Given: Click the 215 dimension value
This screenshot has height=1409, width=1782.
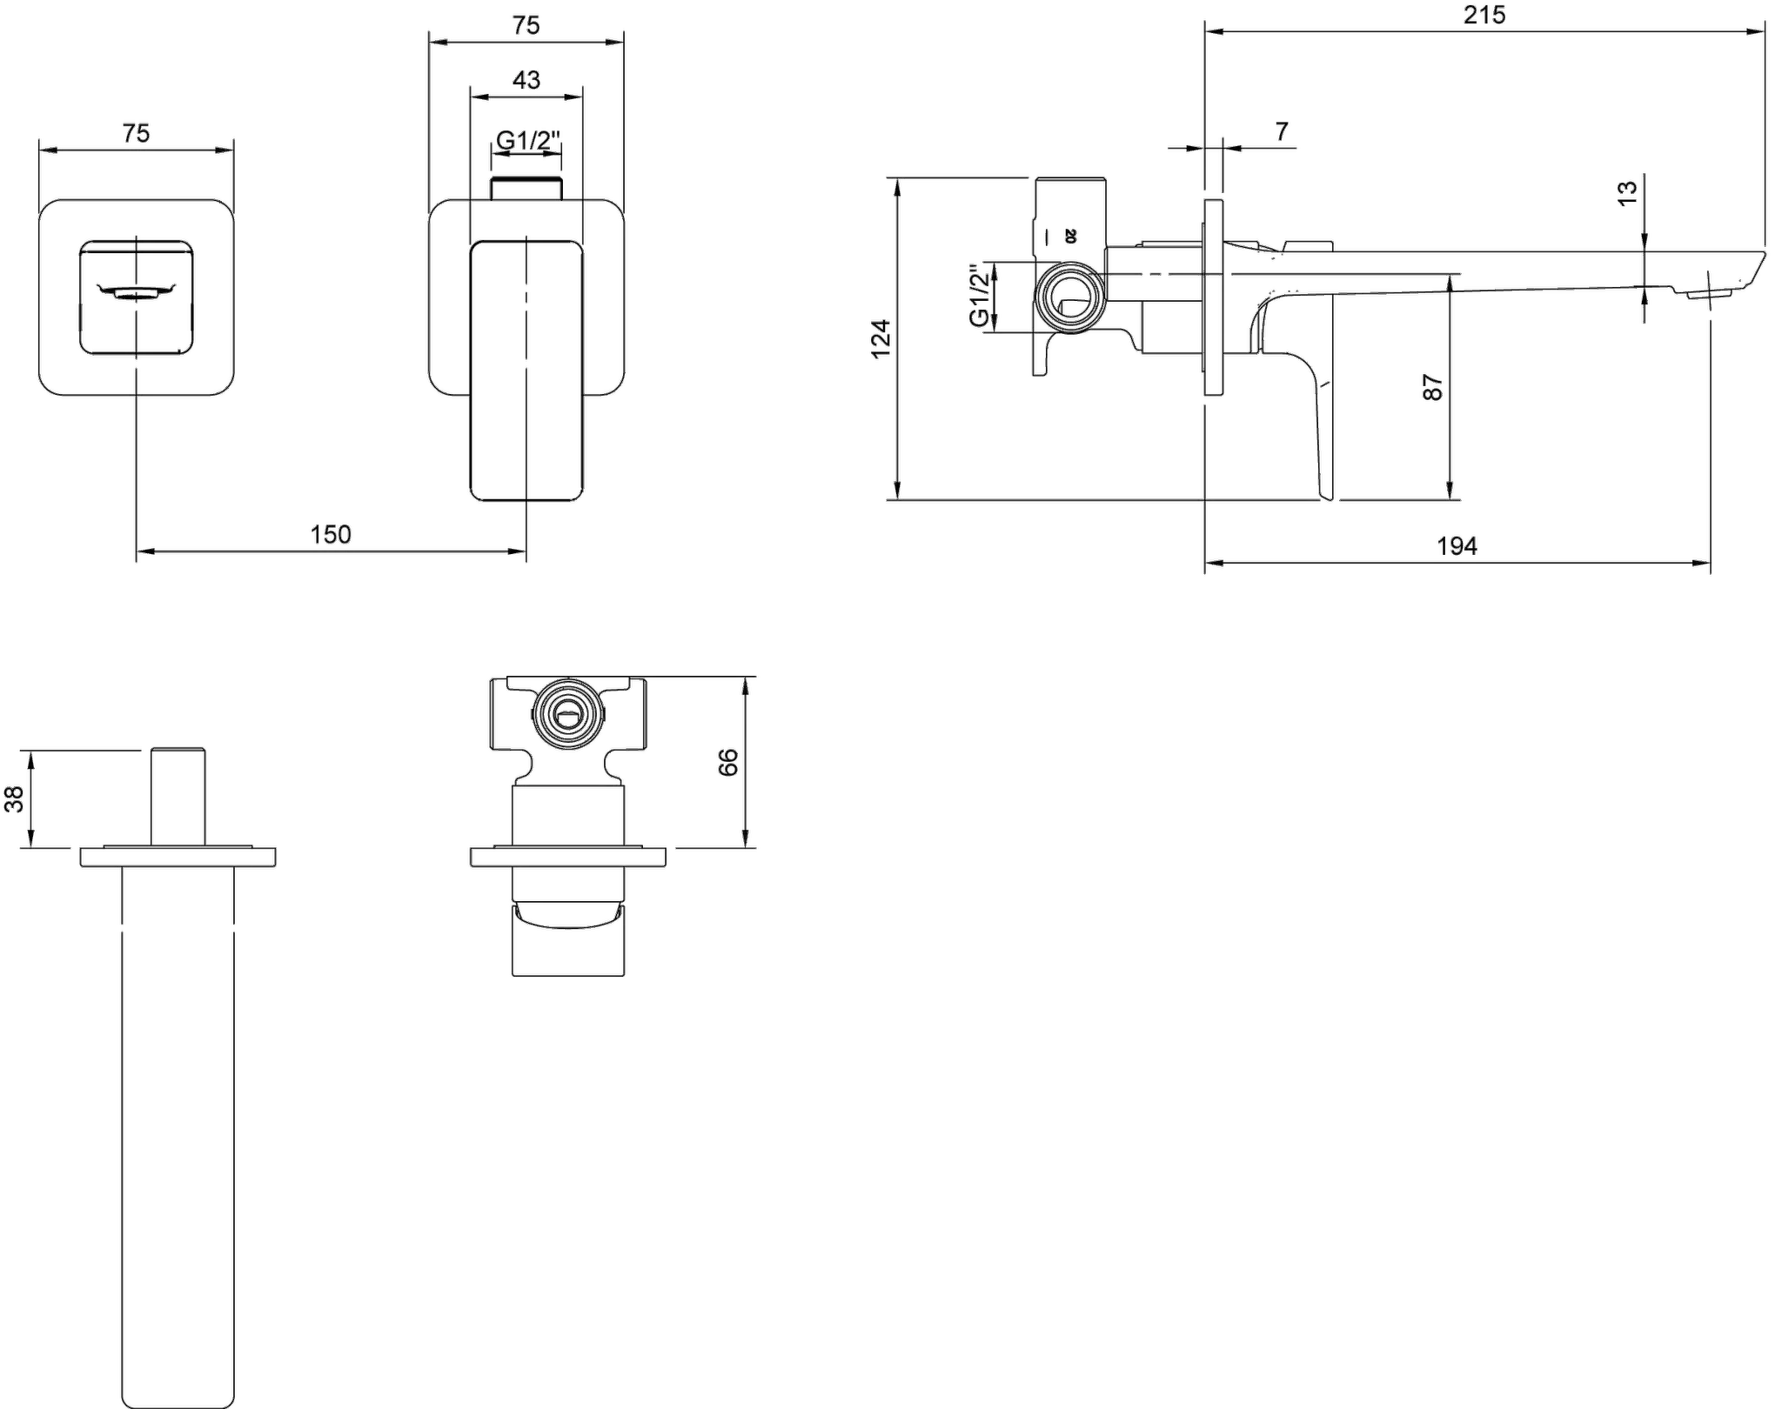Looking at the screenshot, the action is [x=1484, y=15].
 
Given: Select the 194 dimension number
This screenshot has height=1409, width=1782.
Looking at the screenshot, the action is [x=1457, y=546].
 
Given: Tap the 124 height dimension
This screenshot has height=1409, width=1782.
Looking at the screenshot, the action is [x=881, y=338].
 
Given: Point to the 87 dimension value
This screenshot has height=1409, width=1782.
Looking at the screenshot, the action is [x=1432, y=387].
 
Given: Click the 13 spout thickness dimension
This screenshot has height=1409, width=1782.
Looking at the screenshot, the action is [x=1627, y=191].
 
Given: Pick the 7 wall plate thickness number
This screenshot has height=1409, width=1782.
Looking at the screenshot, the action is [x=1282, y=131].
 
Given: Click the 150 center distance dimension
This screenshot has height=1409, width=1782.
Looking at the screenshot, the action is [x=331, y=534].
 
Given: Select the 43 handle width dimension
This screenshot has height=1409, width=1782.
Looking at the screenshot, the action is [x=526, y=80].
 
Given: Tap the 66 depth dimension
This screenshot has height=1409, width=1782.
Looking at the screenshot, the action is [x=728, y=762].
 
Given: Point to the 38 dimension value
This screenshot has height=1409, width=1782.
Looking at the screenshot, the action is [x=15, y=798].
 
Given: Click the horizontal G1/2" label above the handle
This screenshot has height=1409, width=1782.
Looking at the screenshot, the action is [x=528, y=139].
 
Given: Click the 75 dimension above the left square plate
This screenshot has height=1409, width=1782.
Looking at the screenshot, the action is [x=136, y=133].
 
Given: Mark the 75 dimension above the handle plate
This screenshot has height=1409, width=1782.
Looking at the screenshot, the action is [x=526, y=25].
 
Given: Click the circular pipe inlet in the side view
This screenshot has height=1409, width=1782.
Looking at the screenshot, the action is [x=1070, y=297].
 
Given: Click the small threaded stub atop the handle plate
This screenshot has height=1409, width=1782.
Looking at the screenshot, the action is [x=526, y=189].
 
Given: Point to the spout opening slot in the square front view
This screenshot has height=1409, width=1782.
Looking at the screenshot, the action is [x=137, y=292].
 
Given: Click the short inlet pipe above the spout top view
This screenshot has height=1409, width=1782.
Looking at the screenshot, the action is [x=178, y=796].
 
